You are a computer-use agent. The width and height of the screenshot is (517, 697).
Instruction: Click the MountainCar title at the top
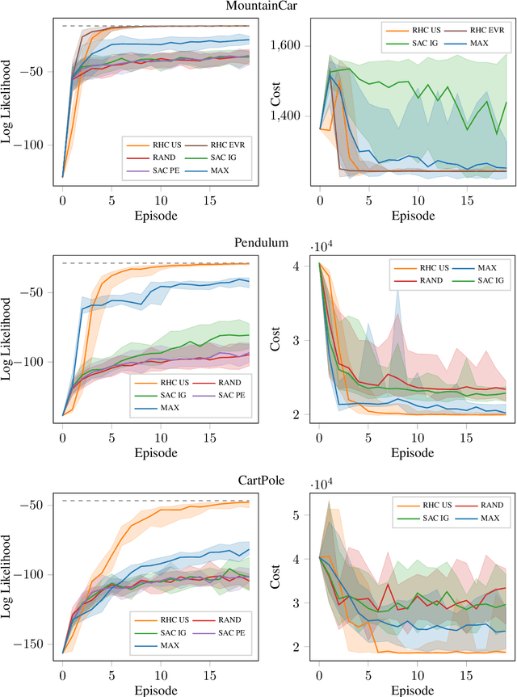258,6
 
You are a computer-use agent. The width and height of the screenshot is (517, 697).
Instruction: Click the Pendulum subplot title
258,242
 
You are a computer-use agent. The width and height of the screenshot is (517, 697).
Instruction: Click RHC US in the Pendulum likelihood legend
164,380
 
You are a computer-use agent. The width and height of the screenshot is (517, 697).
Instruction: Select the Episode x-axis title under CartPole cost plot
412,691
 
